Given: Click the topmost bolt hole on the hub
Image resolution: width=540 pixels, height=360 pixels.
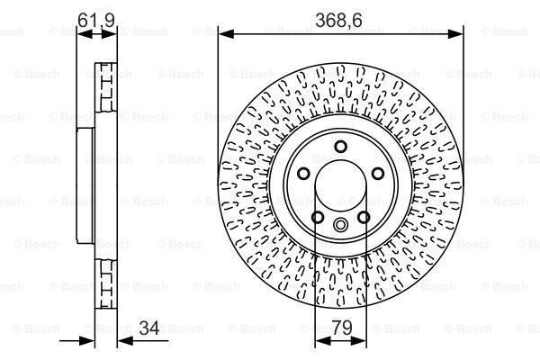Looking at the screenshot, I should click(x=340, y=148).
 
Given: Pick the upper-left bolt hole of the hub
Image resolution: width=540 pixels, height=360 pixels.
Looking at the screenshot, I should click(x=304, y=174).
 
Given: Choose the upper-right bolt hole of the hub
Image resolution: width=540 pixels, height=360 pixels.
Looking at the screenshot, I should click(x=376, y=174).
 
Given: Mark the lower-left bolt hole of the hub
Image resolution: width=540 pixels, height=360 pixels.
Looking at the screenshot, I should click(x=318, y=216).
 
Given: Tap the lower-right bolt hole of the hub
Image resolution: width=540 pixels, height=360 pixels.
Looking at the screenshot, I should click(x=363, y=216).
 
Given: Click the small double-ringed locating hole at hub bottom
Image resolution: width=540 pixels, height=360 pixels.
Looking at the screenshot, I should click(x=340, y=225).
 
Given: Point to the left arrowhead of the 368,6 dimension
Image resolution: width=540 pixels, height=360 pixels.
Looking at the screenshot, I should click(x=224, y=34).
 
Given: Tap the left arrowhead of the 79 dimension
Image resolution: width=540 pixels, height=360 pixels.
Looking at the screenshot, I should click(x=319, y=340).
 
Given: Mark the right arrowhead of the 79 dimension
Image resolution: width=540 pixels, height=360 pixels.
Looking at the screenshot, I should click(x=361, y=340).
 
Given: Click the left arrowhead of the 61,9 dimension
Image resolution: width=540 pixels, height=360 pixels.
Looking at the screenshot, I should click(x=84, y=34).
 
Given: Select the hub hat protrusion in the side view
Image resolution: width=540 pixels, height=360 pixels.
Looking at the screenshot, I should click(x=85, y=186).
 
